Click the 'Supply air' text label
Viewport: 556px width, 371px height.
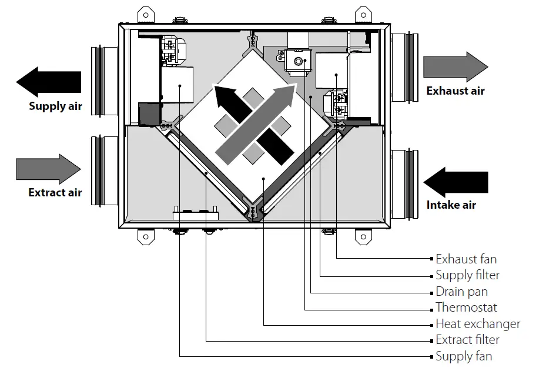[x=55, y=106]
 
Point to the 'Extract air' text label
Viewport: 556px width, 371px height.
[x=55, y=192]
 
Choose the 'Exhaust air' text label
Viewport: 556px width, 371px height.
[x=455, y=91]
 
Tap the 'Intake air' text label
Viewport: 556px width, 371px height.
[x=451, y=205]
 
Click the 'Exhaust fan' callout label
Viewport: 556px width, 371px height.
[x=466, y=259]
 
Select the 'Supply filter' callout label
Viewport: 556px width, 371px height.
[x=468, y=275]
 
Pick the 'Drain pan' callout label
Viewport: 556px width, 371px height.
[x=461, y=292]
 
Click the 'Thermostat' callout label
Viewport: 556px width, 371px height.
[x=466, y=308]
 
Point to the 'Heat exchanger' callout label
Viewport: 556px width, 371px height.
[x=478, y=324]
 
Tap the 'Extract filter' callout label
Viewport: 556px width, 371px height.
[x=468, y=340]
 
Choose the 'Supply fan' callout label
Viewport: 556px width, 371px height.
[x=464, y=356]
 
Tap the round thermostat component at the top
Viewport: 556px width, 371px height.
[x=298, y=61]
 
